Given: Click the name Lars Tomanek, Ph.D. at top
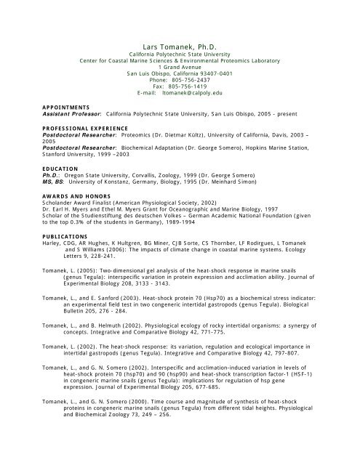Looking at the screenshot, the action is pos(179,46).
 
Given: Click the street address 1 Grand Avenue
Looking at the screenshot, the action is pos(179,67).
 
